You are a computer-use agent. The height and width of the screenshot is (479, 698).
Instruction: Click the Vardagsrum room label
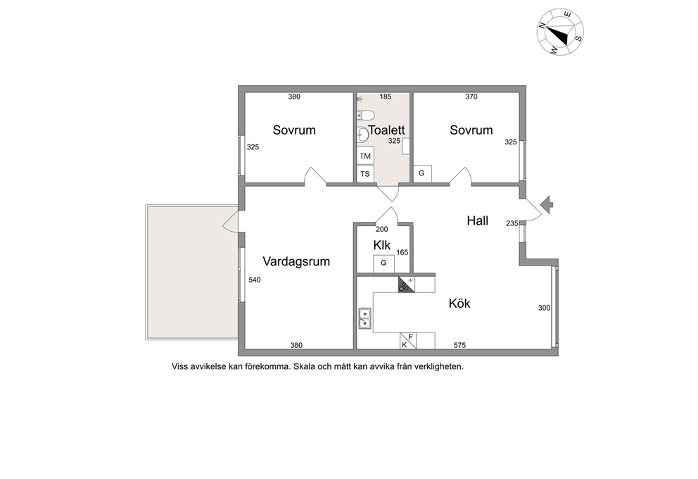(296, 261)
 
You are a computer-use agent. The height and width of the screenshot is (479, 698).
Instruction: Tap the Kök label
(459, 303)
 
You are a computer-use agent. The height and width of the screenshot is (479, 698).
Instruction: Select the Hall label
(478, 220)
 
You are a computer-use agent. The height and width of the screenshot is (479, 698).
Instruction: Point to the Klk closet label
(382, 245)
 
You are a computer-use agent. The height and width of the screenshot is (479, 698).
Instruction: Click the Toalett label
(386, 130)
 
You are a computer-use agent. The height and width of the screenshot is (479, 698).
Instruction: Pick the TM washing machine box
(365, 156)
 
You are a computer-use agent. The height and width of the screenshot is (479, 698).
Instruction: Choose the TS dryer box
(365, 174)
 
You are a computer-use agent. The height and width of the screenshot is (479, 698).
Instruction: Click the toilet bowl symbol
(365, 116)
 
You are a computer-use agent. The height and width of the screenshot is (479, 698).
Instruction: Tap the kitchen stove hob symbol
(407, 285)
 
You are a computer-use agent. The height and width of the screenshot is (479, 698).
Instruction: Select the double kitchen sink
(364, 318)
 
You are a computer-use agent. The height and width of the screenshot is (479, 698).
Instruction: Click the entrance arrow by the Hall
(547, 205)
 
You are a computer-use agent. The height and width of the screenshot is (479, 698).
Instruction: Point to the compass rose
(561, 32)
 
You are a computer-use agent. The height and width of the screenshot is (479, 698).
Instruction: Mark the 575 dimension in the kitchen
(459, 345)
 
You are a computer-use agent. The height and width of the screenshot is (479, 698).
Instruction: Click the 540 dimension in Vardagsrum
(255, 280)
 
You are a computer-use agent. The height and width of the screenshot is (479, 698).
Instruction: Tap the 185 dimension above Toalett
(386, 97)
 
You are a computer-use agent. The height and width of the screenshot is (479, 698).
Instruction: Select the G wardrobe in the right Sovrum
(422, 174)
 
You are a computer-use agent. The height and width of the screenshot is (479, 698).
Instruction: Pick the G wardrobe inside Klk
(383, 263)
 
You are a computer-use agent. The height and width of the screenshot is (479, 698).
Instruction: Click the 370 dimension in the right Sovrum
(471, 97)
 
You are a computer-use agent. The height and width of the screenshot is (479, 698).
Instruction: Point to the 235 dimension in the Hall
(512, 223)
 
